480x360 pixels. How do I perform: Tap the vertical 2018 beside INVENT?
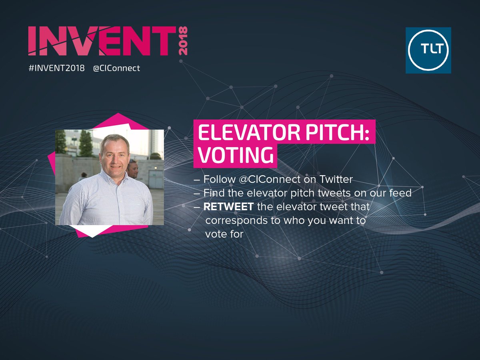point(182,41)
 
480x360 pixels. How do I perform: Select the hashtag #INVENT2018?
point(56,68)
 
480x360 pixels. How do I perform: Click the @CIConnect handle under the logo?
point(116,68)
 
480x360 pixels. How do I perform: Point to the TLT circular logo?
point(428,50)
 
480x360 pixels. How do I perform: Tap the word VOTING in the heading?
point(235,155)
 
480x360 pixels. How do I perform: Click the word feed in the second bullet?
point(402,193)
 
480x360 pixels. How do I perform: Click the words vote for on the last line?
point(224,234)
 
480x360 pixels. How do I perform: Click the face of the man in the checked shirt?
point(115,154)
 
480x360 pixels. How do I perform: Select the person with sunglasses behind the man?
point(133,168)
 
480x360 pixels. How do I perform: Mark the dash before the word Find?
point(196,193)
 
